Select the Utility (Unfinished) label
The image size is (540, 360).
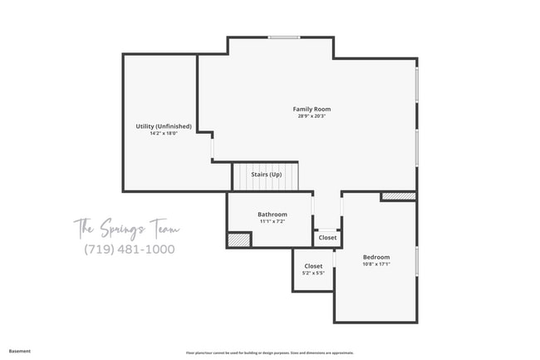tap(164, 126)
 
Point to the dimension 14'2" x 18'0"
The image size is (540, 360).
tap(164, 134)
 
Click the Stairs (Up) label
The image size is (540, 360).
tap(266, 175)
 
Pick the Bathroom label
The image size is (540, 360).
tap(272, 215)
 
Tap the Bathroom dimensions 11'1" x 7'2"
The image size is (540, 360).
tap(272, 222)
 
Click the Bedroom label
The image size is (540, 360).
tap(376, 257)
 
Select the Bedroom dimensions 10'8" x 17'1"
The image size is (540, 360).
tap(376, 264)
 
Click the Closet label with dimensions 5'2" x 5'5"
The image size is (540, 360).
tap(313, 266)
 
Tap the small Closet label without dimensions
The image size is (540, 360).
tap(327, 238)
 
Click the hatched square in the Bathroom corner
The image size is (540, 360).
tap(239, 239)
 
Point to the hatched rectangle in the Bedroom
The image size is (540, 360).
tap(398, 196)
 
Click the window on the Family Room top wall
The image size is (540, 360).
tap(283, 37)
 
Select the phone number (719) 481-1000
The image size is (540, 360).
tap(129, 249)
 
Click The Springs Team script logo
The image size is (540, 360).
tap(126, 227)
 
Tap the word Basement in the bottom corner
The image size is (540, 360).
tap(20, 351)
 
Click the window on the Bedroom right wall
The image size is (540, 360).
tap(416, 259)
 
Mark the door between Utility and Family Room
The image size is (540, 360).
tap(213, 148)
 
